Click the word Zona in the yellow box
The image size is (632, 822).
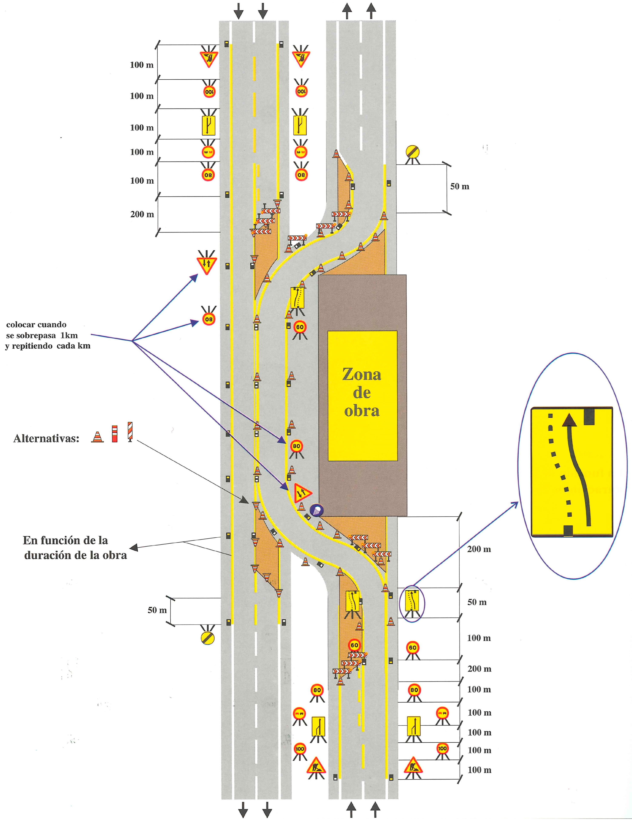362,375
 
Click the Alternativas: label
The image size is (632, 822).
46,438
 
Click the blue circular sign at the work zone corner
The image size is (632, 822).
317,510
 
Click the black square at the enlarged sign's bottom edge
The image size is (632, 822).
568,530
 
